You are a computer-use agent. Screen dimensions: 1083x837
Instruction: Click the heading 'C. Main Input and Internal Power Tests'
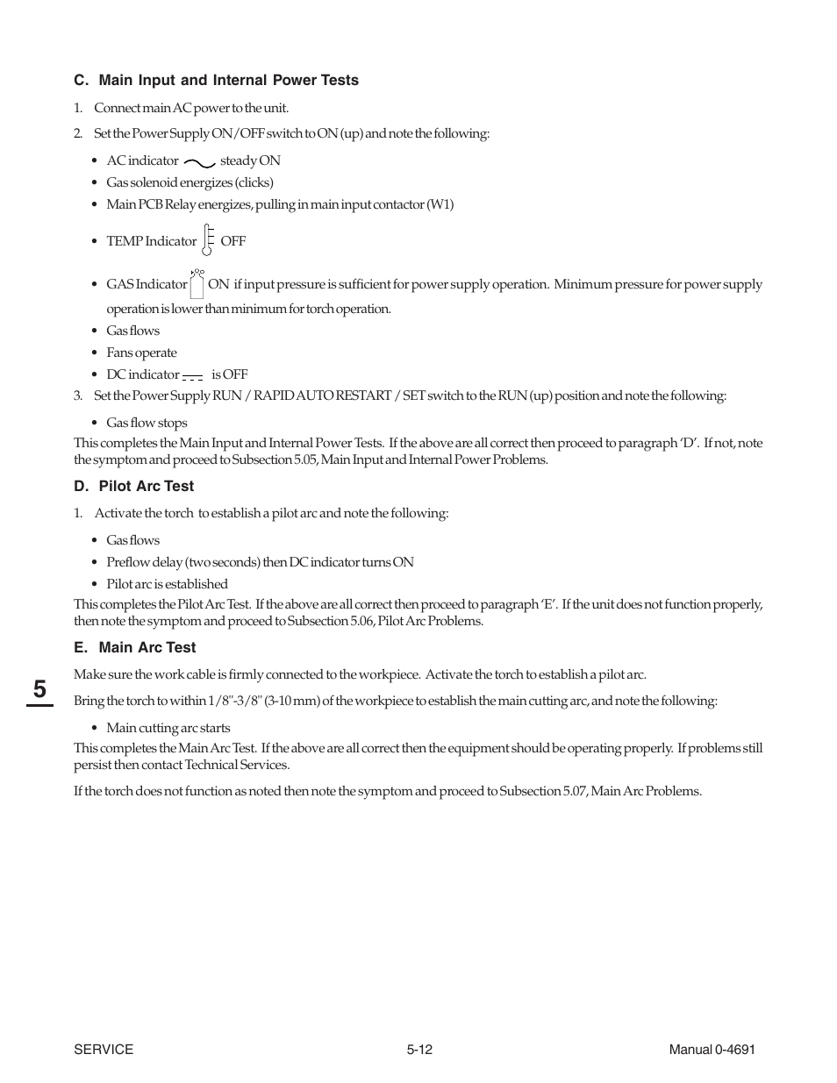point(216,81)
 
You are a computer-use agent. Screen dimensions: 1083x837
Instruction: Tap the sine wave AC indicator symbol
point(199,162)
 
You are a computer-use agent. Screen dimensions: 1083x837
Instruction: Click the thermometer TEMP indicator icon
point(208,239)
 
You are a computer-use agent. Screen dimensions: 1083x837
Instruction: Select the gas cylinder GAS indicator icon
point(197,283)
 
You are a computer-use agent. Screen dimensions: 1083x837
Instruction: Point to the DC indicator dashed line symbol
point(193,377)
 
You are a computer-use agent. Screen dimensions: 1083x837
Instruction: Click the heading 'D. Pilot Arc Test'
point(133,487)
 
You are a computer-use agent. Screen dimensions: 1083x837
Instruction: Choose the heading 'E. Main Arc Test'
point(134,648)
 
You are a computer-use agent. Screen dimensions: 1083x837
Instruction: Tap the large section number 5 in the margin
point(40,689)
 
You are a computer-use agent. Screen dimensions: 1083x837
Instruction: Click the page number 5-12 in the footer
point(419,1050)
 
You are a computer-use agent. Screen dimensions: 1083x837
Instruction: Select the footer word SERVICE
point(104,1050)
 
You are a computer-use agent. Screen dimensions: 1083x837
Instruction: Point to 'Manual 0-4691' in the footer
point(712,1050)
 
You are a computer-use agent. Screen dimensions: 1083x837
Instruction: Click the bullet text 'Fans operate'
point(141,353)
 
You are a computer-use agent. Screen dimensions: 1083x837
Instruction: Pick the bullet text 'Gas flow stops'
point(147,423)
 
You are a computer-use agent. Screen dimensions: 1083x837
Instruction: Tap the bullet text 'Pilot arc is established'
point(167,584)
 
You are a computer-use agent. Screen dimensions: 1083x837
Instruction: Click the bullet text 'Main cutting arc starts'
point(168,728)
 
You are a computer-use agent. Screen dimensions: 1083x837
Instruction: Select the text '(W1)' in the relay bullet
point(440,204)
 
